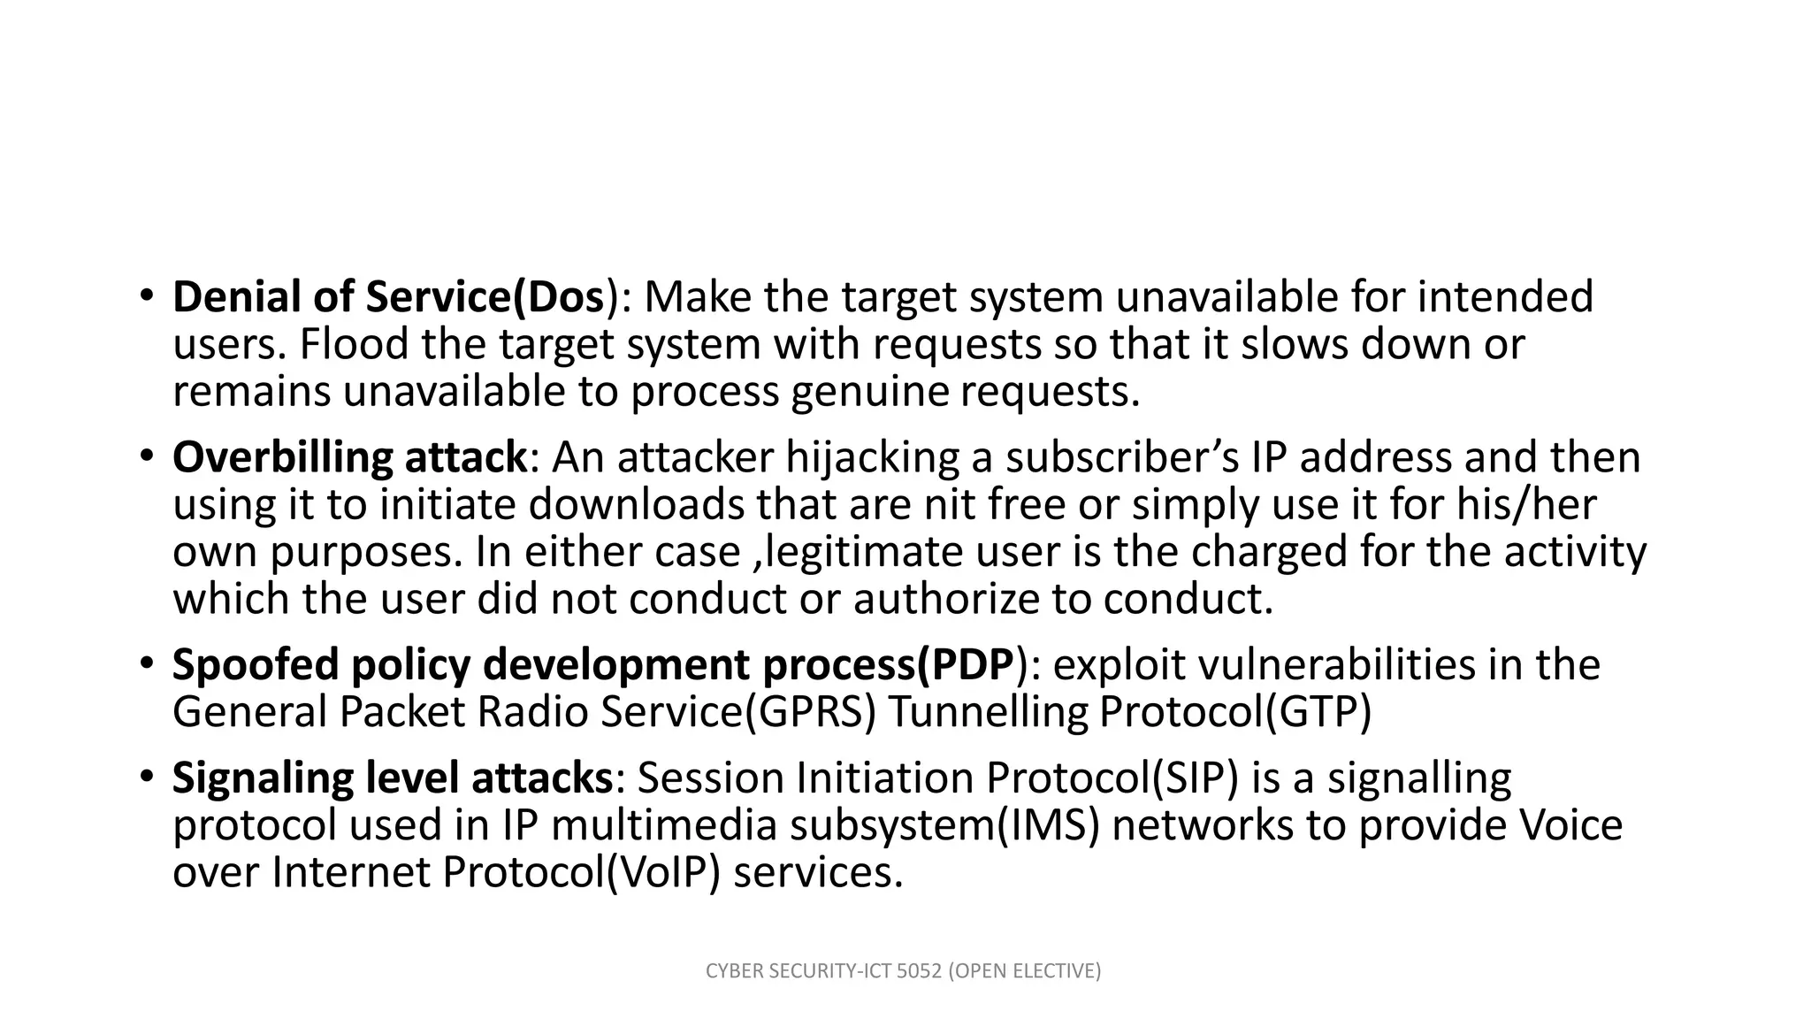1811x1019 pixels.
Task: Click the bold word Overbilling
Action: click(x=282, y=458)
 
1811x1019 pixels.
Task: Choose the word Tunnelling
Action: click(x=986, y=712)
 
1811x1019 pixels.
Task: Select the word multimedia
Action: click(x=664, y=825)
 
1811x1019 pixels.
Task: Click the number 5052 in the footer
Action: click(x=919, y=971)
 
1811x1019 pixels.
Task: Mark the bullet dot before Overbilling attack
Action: click(x=146, y=457)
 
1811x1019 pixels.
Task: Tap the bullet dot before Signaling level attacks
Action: click(x=146, y=778)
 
